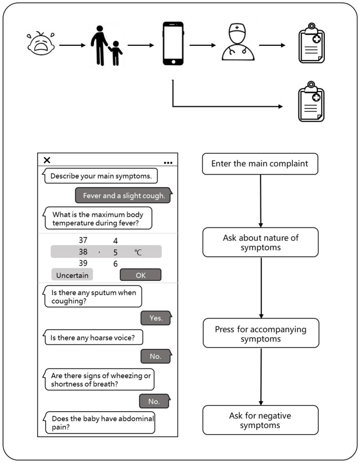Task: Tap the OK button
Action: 140,275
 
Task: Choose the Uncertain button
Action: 72,275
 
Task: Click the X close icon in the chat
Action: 47,160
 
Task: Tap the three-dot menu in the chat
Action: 168,163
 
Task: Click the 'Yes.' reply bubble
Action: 155,318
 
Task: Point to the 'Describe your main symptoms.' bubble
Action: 101,177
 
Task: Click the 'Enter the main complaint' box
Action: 260,164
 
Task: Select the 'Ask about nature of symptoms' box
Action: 260,242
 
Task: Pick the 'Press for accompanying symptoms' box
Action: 260,333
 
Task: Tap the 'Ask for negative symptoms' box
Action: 260,420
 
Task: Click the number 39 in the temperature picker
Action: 83,263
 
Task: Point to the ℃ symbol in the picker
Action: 138,252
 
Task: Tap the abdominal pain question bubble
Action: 100,422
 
